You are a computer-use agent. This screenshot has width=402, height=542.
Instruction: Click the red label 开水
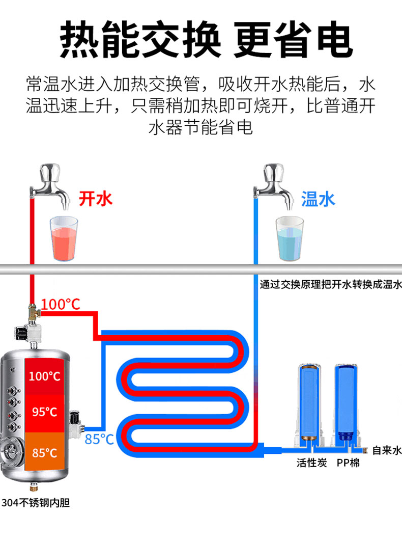tap(95, 198)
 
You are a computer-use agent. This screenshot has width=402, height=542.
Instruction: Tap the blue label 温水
tap(318, 199)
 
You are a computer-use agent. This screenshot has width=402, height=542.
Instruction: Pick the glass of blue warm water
tap(289, 238)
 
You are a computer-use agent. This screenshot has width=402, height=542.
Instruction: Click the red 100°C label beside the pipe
tap(61, 304)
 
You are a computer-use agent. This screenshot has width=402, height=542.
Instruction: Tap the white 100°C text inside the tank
tap(44, 376)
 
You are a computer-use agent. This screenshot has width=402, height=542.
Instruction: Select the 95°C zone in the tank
tap(44, 412)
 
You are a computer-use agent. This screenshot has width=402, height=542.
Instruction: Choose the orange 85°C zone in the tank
tap(44, 452)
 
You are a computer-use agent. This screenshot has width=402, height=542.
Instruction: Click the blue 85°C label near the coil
tap(99, 439)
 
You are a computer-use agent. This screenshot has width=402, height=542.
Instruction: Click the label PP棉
tap(348, 463)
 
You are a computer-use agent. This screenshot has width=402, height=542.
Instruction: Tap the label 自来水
tap(387, 450)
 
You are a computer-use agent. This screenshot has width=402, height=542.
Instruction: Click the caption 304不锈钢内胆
tap(36, 503)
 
